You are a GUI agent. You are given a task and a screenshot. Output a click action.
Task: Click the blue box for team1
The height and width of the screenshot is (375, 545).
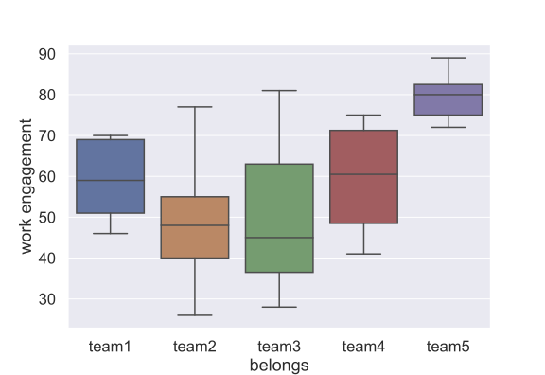click(110, 176)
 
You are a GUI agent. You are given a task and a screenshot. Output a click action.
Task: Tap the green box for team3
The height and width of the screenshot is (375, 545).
click(279, 218)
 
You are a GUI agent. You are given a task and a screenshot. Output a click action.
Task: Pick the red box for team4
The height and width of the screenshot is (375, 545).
click(363, 177)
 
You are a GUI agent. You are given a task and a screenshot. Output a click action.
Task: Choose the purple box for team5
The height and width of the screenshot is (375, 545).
click(448, 99)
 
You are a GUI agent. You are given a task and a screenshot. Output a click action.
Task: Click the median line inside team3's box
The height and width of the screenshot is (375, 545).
click(279, 238)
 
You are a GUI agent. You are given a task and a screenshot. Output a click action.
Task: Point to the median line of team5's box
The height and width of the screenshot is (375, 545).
click(448, 95)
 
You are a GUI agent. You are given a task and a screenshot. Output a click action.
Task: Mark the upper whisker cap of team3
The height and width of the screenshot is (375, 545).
click(279, 91)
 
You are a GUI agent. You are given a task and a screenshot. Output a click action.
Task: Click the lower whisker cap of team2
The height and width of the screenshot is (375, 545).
click(195, 315)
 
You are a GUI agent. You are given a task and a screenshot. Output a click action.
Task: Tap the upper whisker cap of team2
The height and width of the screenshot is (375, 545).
click(195, 107)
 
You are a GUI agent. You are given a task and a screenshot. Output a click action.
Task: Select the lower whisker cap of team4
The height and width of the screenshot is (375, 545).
click(363, 254)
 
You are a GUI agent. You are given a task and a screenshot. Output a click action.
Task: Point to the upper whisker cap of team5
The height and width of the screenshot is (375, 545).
click(448, 58)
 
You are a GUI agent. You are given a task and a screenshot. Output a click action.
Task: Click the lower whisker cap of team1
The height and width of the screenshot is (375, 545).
click(110, 233)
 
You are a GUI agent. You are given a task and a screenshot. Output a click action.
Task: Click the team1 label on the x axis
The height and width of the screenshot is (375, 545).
click(110, 347)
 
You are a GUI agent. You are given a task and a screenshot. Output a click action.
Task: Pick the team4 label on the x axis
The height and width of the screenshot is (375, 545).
click(363, 347)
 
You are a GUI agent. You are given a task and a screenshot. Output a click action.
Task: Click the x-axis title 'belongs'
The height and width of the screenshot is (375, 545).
click(279, 364)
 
